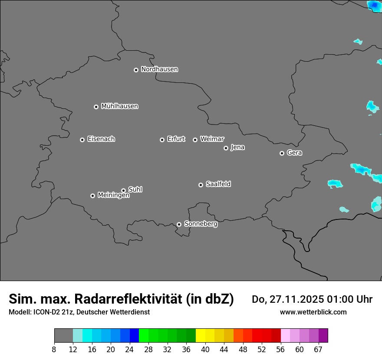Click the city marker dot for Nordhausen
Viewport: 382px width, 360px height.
tap(136, 70)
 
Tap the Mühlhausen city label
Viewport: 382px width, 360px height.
tap(119, 106)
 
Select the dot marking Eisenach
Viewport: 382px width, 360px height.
tap(82, 140)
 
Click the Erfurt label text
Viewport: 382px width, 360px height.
tap(176, 139)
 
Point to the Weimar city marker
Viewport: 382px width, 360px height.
tap(195, 140)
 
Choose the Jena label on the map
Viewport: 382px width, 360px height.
tap(237, 147)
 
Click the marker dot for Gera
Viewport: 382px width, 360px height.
tap(282, 153)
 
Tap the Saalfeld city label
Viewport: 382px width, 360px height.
tap(218, 184)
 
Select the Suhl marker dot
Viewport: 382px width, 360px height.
tap(123, 190)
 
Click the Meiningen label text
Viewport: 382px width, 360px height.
tap(113, 196)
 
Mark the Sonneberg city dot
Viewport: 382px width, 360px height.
tap(179, 224)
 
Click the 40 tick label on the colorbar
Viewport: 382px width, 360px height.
tap(205, 350)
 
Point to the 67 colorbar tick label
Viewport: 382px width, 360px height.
tap(318, 350)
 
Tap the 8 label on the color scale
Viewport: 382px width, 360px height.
tap(54, 350)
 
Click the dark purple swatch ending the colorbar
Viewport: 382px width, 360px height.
tap(323, 336)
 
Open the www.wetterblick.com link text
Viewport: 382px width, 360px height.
tap(313, 312)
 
